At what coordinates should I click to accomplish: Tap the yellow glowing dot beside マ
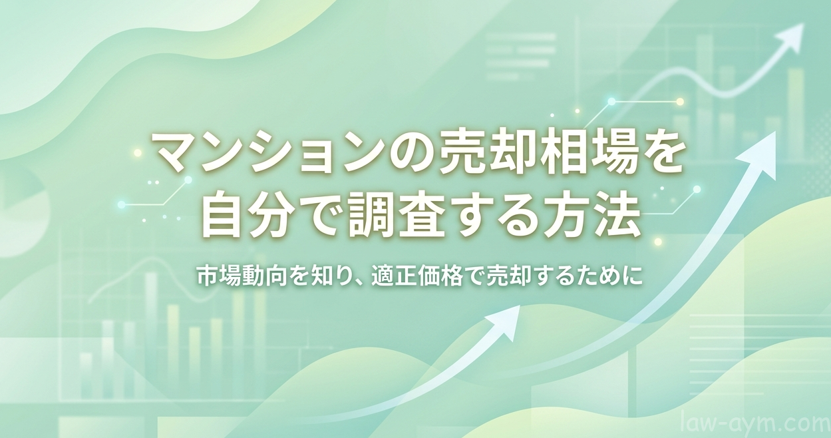coord(138,153)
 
